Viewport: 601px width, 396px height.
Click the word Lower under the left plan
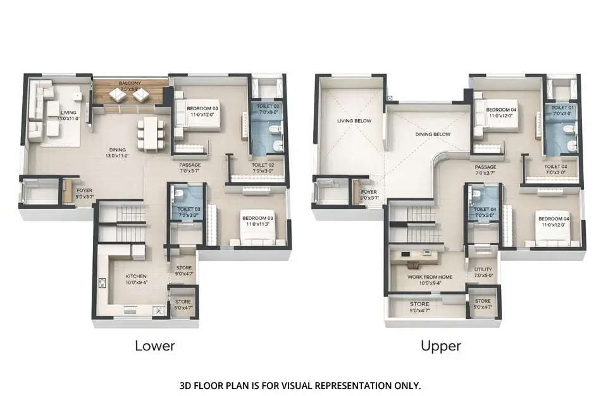(x=154, y=346)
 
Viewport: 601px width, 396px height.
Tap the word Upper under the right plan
(x=440, y=346)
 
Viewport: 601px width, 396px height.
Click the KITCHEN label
(x=135, y=276)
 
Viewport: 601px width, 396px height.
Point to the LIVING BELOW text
(x=354, y=120)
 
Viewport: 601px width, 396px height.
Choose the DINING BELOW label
(x=432, y=134)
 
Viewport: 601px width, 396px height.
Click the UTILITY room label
(x=483, y=269)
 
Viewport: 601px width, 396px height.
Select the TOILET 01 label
(x=561, y=108)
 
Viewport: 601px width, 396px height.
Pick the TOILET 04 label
(x=483, y=209)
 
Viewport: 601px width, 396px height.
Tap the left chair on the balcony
(x=118, y=95)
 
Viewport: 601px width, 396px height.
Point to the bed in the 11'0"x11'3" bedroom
(x=256, y=233)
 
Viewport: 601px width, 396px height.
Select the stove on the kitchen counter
(x=159, y=310)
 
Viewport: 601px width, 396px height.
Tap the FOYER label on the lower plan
(x=85, y=190)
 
